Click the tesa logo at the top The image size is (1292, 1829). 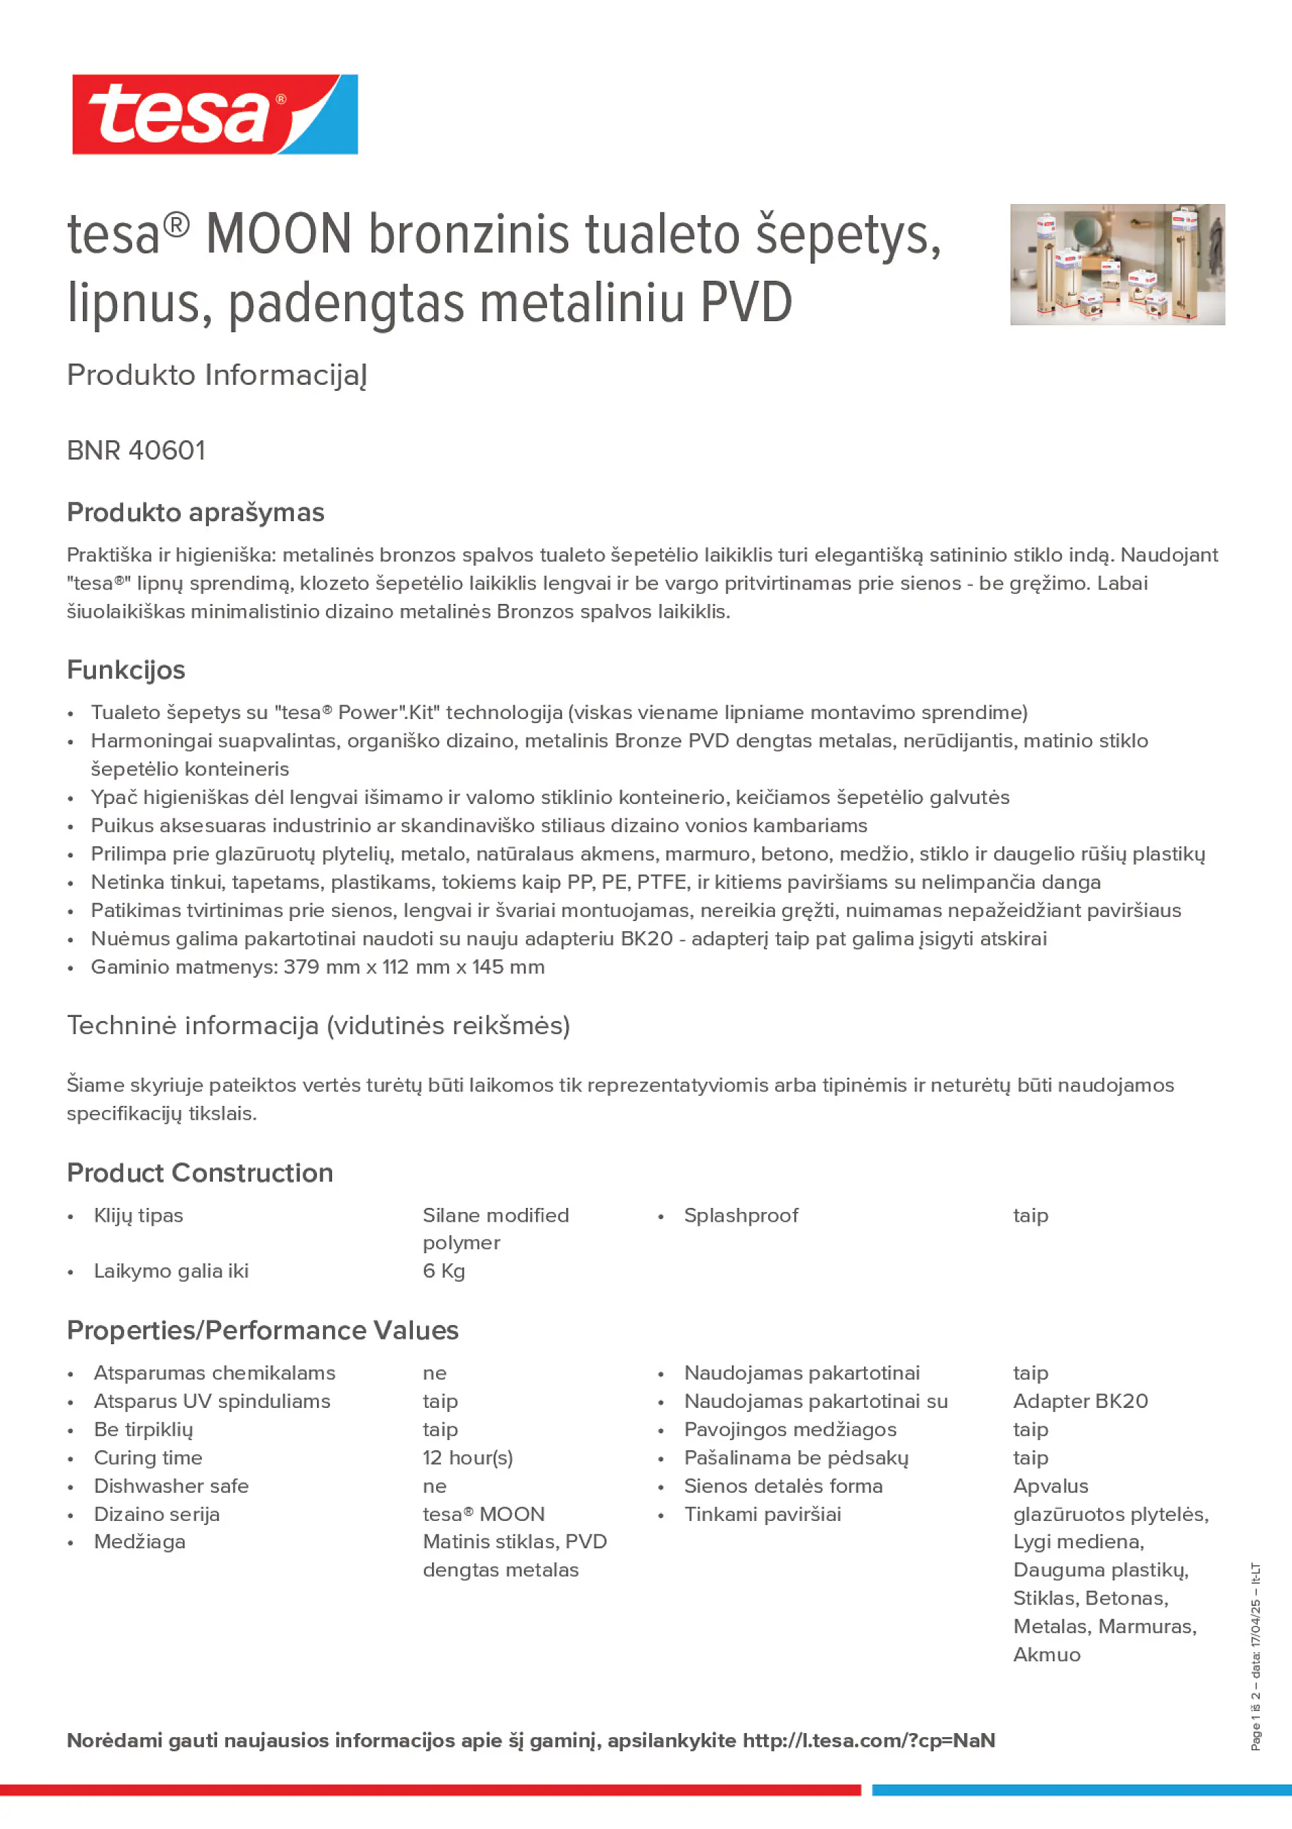point(214,114)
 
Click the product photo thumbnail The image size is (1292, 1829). point(1117,264)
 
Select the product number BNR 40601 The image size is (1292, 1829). point(136,451)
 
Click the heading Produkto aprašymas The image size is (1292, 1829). point(195,512)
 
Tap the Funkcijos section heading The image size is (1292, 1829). point(126,670)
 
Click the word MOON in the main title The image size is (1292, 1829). point(278,234)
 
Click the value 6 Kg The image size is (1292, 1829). point(444,1271)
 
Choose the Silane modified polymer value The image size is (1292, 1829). point(496,1228)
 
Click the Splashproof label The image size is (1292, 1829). point(741,1215)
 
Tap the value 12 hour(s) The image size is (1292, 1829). point(468,1458)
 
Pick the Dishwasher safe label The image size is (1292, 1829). point(171,1486)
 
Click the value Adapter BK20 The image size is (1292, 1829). point(1080,1401)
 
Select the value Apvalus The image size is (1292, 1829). point(1050,1486)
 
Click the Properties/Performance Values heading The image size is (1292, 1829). point(263,1330)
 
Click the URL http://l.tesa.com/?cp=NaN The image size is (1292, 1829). point(868,1741)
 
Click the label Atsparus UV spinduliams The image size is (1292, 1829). point(212,1401)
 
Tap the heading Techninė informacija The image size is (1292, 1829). point(318,1025)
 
